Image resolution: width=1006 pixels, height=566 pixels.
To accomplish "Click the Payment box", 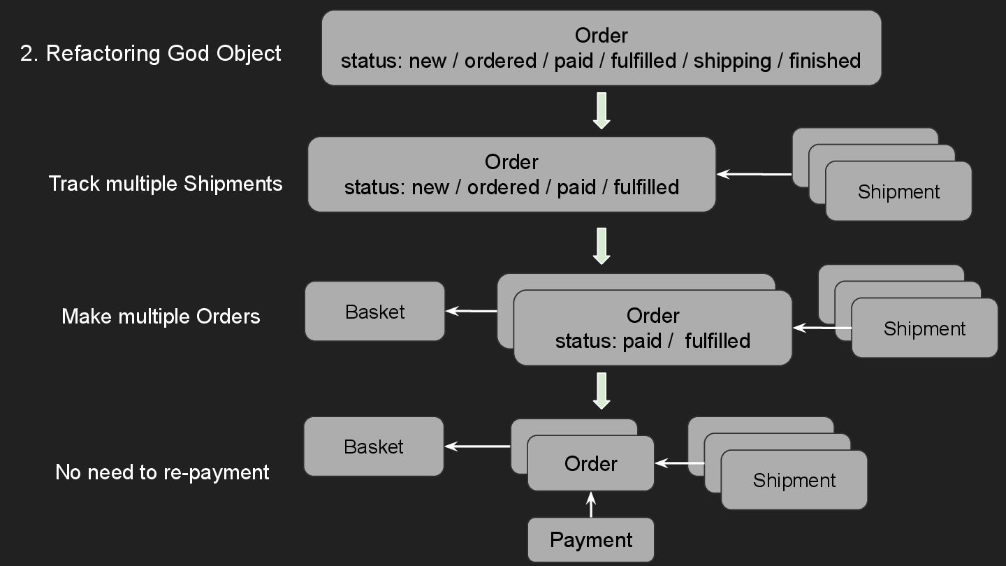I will pos(591,539).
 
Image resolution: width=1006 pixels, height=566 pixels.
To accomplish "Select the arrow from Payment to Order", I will pos(591,505).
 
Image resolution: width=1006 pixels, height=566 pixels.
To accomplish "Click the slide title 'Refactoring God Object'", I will pos(151,53).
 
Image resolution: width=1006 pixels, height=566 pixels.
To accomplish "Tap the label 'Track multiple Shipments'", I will pos(166,184).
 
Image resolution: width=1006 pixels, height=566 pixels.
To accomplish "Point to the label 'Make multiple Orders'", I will pos(161,316).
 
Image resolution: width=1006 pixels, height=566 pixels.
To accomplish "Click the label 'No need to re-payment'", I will pos(162,472).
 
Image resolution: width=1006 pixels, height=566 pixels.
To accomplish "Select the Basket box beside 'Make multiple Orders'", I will pos(374,312).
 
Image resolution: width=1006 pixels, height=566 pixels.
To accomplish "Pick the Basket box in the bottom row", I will pos(374,447).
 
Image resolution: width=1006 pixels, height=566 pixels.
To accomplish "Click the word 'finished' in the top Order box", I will pos(824,61).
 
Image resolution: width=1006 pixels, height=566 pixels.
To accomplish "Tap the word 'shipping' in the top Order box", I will pos(732,61).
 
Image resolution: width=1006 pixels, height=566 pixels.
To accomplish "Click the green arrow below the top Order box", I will pos(602,111).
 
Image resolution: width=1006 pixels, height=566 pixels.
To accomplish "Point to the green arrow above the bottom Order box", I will pos(602,391).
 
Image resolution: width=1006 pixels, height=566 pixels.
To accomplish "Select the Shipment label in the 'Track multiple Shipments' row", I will pos(898,191).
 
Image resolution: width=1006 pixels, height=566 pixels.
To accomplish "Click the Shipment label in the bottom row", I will pos(794,480).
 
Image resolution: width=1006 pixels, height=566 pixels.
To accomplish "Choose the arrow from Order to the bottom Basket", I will pos(478,446).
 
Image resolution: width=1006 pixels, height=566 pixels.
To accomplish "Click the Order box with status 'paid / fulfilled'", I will pos(653,328).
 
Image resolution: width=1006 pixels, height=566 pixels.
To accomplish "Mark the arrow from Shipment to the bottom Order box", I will pos(680,463).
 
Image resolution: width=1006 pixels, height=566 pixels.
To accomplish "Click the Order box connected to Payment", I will pos(591,463).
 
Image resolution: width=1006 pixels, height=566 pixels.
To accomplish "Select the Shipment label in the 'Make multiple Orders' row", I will pos(924,328).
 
